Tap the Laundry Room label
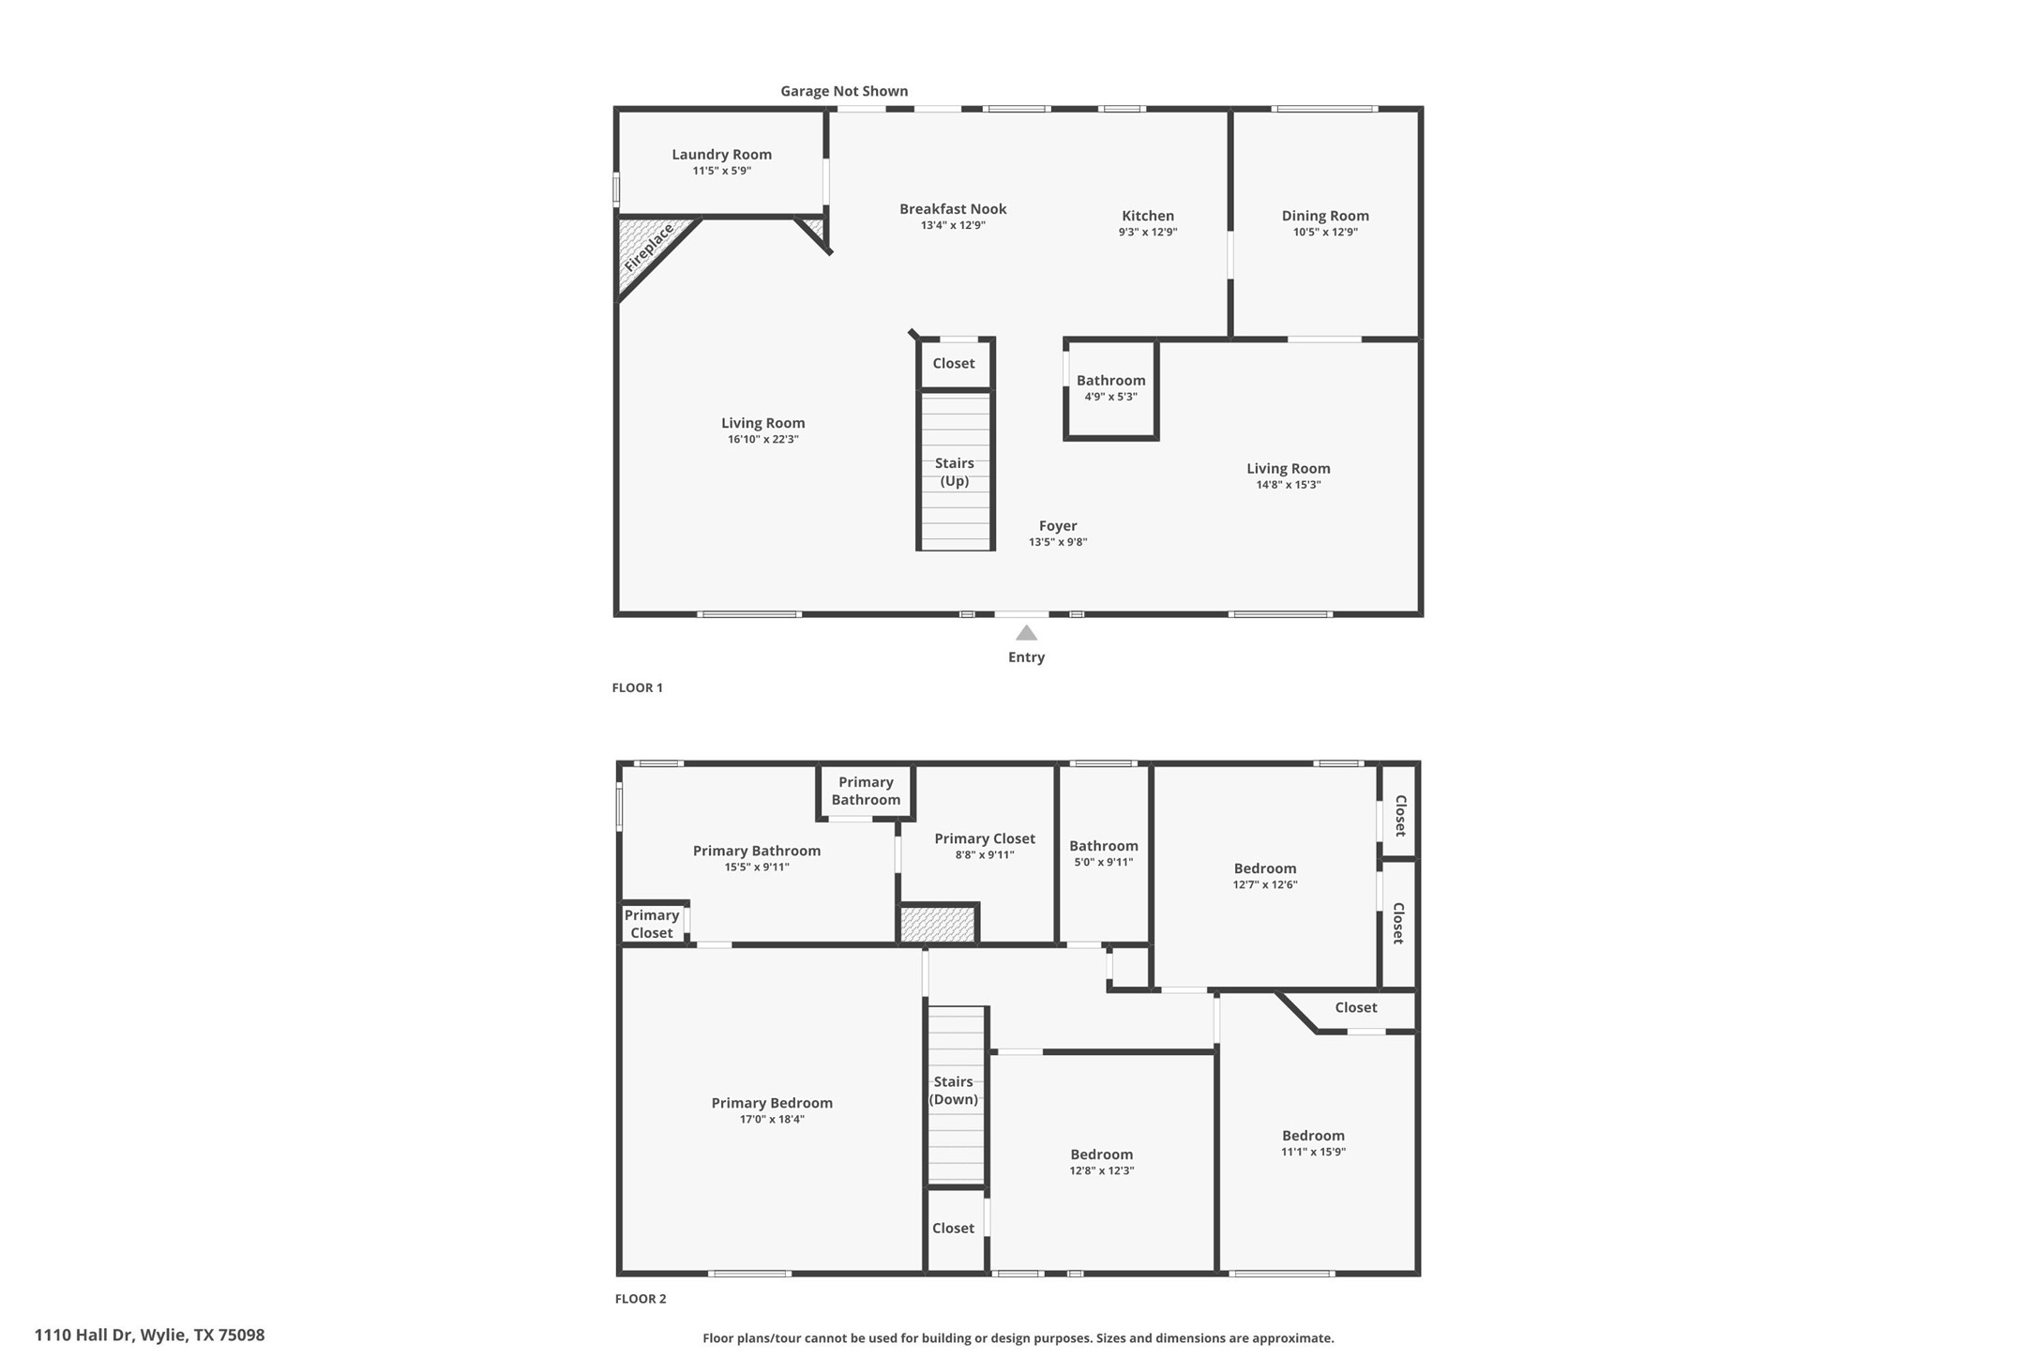(x=721, y=155)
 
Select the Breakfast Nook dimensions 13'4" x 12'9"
(x=953, y=225)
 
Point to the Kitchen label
(x=1147, y=216)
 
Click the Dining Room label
(x=1324, y=216)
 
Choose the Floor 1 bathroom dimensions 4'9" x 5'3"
(x=1110, y=397)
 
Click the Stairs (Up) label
(x=954, y=472)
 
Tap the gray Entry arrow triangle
(x=1026, y=633)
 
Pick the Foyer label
(x=1057, y=526)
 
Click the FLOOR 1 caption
(x=637, y=687)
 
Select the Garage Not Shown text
(x=844, y=91)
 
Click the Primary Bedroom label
(x=771, y=1103)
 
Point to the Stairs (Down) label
(x=953, y=1091)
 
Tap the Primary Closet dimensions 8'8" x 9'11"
(x=985, y=855)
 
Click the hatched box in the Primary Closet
(x=938, y=924)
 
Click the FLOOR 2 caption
(x=641, y=1299)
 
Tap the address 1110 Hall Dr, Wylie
(x=150, y=1335)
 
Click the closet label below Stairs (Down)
(x=953, y=1228)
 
